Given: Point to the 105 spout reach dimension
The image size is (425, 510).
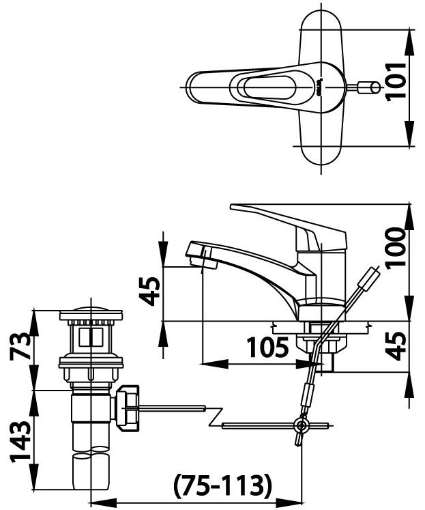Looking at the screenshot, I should point(266,349).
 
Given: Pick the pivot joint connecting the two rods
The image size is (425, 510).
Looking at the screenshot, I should point(299,426).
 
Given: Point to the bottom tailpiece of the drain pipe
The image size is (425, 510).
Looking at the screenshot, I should point(90,471).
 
